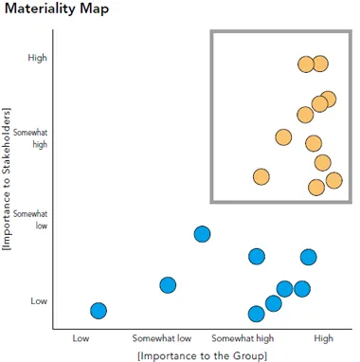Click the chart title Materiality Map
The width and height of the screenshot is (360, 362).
point(54,9)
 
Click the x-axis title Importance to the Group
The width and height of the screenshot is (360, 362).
point(202,354)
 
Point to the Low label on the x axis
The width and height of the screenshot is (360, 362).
point(81,336)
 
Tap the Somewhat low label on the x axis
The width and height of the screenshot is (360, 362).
point(162,336)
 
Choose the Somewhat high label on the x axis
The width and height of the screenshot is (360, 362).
point(243,336)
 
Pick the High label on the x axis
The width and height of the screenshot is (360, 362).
point(323,336)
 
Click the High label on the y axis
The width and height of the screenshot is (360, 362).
point(38,58)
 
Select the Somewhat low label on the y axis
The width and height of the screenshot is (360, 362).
point(35,220)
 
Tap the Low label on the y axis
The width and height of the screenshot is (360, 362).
point(38,301)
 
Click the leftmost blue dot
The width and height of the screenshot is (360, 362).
point(98,311)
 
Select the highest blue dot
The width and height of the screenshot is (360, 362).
point(202,234)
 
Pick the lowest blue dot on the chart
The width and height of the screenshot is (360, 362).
point(256,314)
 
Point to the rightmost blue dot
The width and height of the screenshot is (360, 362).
point(308,257)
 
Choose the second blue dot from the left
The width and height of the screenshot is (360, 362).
point(168,285)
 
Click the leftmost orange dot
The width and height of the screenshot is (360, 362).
point(261,176)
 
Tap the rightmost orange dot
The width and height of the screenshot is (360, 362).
point(333,180)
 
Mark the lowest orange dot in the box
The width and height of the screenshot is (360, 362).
point(316,187)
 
